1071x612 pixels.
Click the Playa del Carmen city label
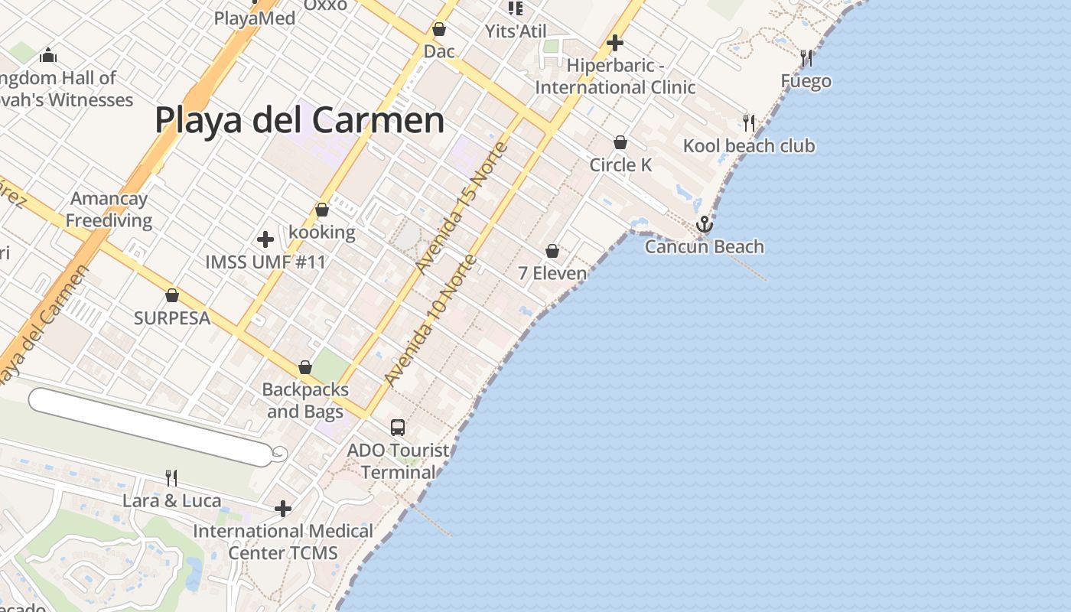299,121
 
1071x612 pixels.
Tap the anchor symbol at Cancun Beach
704,224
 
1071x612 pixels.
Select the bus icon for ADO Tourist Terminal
398,428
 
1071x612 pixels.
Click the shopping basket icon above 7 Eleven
552,251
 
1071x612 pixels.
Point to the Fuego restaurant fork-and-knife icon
806,57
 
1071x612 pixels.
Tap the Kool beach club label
749,146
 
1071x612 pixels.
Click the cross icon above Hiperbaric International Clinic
615,43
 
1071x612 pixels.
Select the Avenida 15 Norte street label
461,207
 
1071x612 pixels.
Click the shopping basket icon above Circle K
620,142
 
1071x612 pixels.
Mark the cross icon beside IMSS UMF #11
265,239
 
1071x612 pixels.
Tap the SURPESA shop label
172,318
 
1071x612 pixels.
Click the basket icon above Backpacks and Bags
305,367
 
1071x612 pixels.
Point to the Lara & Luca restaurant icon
171,478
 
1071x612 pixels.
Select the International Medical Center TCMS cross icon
283,508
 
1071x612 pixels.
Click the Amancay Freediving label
109,210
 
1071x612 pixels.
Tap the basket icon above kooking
322,210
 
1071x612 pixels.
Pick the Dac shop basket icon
439,30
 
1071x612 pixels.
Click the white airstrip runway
149,426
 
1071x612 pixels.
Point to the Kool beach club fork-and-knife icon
749,122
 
